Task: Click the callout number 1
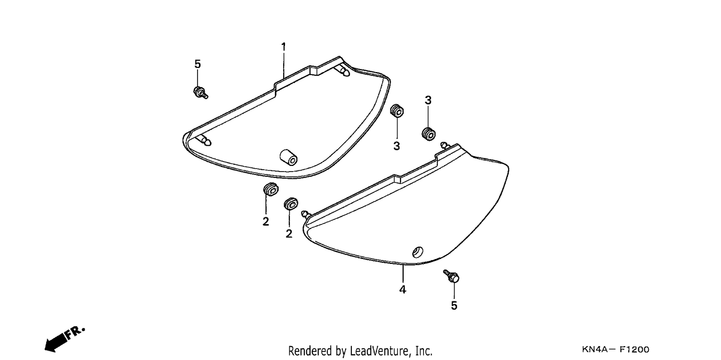click(283, 47)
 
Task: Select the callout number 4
click(403, 289)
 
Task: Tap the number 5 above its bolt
click(198, 64)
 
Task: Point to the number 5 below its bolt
click(454, 306)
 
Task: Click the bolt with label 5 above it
click(200, 93)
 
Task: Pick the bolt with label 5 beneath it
click(451, 276)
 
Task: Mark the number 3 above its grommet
click(428, 100)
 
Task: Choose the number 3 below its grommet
click(397, 146)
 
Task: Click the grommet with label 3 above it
click(429, 134)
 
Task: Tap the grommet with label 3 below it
click(397, 111)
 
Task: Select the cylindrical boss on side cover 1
click(288, 157)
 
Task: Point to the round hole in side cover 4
click(418, 252)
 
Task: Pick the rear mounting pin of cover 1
click(342, 71)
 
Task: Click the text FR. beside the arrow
click(75, 333)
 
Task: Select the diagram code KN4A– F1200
click(615, 349)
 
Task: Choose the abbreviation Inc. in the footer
click(424, 351)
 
